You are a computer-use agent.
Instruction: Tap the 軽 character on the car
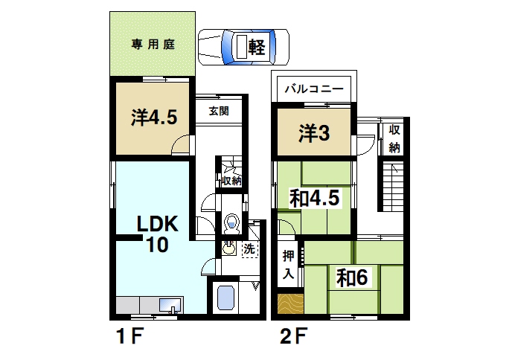(257, 47)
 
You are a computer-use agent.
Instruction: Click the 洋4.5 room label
(154, 118)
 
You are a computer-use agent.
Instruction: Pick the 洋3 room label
(314, 134)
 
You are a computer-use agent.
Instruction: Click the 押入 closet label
(289, 264)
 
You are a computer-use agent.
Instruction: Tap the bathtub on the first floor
(226, 298)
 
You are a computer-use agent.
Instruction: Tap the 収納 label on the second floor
(394, 138)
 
